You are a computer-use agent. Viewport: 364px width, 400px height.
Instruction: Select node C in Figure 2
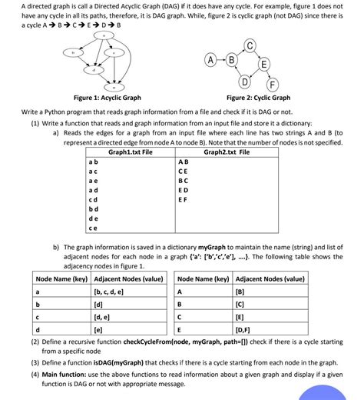250,44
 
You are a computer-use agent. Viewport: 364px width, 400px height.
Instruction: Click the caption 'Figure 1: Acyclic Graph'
107,98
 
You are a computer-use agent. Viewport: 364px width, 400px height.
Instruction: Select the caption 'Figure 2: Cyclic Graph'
258,98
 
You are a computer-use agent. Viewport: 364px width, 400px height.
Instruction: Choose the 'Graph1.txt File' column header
119,152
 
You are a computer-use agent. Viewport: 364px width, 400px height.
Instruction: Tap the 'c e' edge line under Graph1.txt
93,228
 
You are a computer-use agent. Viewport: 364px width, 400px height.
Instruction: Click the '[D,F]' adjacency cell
246,328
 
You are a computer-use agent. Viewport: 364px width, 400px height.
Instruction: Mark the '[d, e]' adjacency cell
102,316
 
